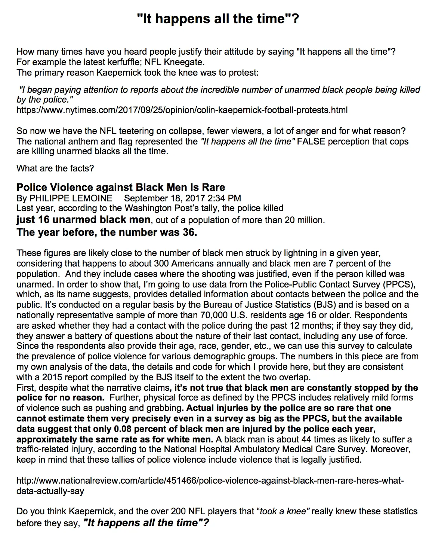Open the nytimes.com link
182,110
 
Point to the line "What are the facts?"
55,168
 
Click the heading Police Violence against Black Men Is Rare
121,187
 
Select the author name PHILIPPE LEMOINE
71,198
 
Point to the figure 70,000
215,315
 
